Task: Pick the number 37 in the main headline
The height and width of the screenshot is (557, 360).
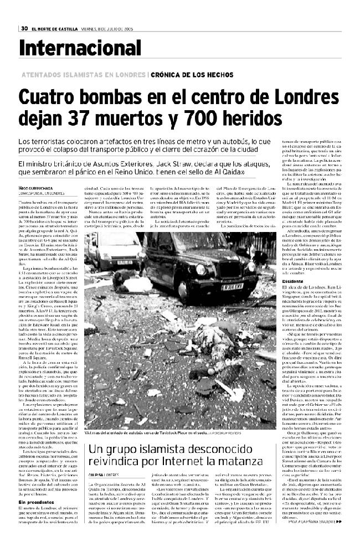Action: (x=90, y=117)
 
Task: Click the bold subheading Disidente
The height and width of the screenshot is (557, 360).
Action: (x=292, y=280)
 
